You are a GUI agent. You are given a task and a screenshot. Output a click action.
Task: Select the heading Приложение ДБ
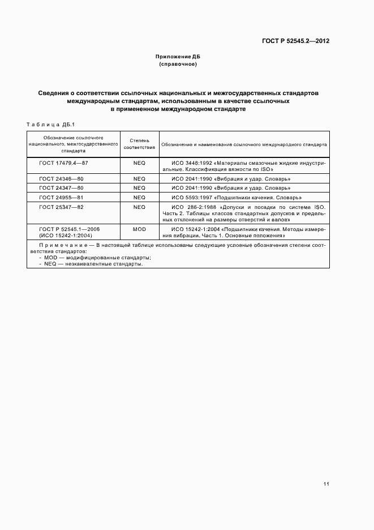coord(178,57)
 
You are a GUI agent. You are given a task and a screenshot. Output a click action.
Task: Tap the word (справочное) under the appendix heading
coord(178,64)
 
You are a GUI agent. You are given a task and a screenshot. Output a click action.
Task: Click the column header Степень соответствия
coord(139,144)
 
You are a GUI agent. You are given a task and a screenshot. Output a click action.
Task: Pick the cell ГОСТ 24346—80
coord(61,178)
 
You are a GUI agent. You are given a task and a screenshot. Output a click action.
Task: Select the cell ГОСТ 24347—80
coord(61,188)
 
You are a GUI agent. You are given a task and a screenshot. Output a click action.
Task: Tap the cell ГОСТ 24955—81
coord(61,198)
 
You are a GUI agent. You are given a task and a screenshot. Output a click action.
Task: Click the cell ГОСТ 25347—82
coord(61,207)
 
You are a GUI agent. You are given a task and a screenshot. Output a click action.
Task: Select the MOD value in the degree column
coord(139,229)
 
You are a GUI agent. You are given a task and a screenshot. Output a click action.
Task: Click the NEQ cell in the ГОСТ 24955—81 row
coord(139,198)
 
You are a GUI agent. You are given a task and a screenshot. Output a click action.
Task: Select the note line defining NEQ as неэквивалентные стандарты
coord(91,263)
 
